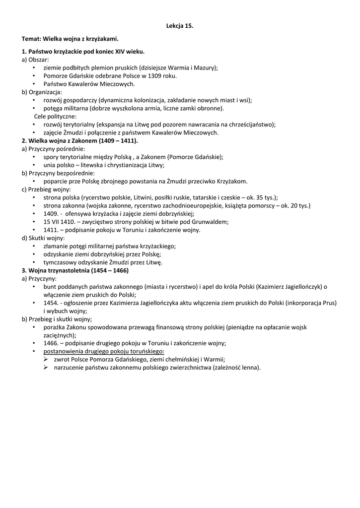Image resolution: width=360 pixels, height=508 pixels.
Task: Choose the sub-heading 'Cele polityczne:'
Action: [55, 116]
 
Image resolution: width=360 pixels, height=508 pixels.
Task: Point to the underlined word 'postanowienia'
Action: [62, 351]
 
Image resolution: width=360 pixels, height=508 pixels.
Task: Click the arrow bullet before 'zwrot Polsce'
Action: [46, 359]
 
